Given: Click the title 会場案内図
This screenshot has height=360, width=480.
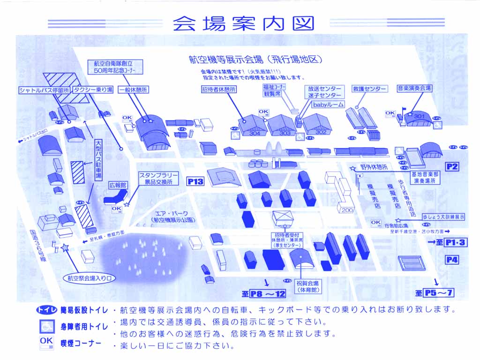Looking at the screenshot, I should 243,23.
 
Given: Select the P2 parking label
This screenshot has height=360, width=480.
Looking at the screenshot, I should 452,166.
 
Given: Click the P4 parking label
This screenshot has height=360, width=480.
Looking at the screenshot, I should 452,260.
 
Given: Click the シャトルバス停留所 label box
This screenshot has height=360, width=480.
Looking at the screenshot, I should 44,90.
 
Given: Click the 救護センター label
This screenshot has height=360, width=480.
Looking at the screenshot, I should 369,89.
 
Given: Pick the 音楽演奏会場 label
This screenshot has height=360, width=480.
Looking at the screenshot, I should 414,88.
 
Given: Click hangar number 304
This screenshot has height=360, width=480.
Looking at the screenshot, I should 255,133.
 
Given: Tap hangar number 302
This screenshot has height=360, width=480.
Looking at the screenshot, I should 321,132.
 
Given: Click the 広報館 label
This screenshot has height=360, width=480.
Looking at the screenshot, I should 118,185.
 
